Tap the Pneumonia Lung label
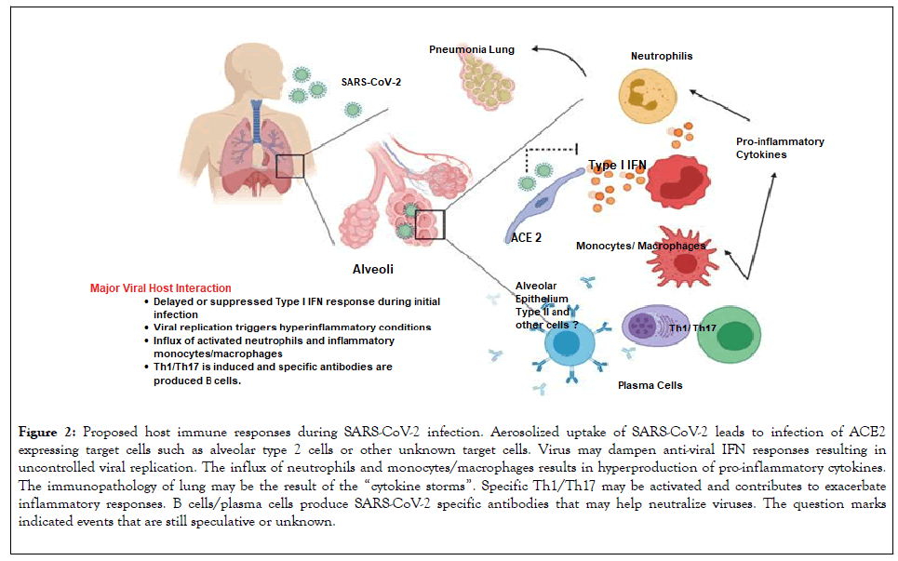tap(471, 48)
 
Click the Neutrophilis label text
tap(662, 56)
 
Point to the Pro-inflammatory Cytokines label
tap(780, 148)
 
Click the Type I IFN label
tap(616, 165)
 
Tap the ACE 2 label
tap(527, 237)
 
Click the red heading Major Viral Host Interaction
tap(161, 288)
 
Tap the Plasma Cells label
tap(650, 384)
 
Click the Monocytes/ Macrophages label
tap(640, 246)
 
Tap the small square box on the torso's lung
tap(291, 167)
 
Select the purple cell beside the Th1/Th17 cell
tap(655, 329)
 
